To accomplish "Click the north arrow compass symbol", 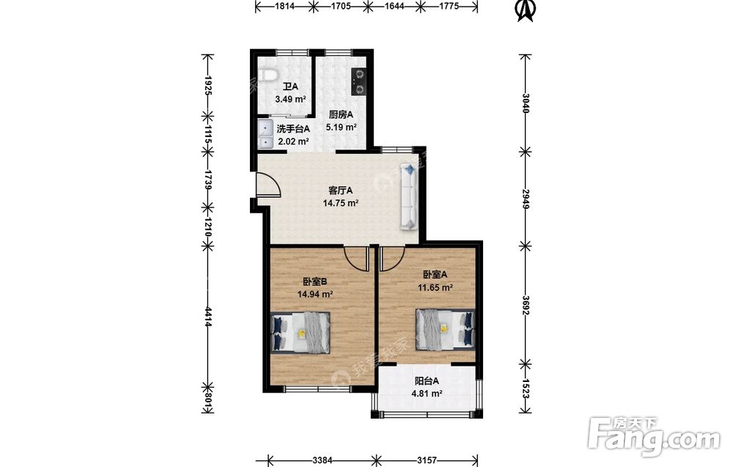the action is [x=525, y=10].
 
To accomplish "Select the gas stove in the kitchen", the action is [x=358, y=82].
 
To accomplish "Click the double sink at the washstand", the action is [x=265, y=134].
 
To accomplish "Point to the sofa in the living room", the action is [x=408, y=196].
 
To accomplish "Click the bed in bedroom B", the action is [x=301, y=332].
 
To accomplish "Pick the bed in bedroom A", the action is [x=445, y=329].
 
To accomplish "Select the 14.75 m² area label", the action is [x=341, y=203].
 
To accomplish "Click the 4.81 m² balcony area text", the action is [x=427, y=394].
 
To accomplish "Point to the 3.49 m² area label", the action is [x=290, y=99].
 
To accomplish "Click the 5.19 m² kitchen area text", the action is [x=342, y=127].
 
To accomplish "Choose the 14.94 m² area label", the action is [x=315, y=295].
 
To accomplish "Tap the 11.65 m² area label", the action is [x=435, y=288].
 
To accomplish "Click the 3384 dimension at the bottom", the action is [x=323, y=460].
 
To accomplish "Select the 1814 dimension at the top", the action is [x=285, y=6].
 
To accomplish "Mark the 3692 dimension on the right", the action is [x=526, y=305].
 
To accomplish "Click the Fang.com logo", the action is [x=654, y=436].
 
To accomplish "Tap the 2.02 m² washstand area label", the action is [x=294, y=141].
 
